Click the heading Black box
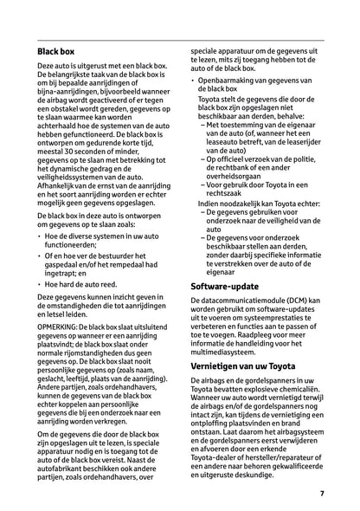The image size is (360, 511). point(55,53)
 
